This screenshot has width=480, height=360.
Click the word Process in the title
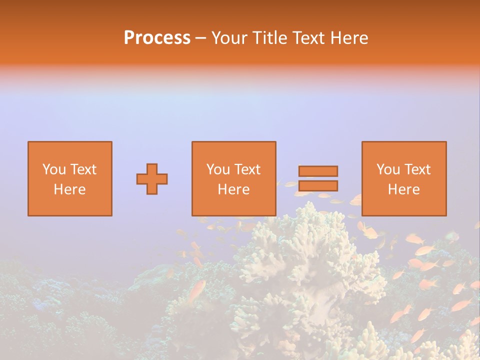[x=157, y=38]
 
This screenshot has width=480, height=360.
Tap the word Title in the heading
[x=270, y=38]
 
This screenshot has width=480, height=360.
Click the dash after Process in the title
[x=201, y=38]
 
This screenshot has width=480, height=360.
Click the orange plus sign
[x=152, y=179]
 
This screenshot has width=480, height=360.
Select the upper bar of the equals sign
[x=318, y=171]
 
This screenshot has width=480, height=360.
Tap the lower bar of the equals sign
[x=318, y=186]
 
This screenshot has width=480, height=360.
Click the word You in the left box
[x=54, y=169]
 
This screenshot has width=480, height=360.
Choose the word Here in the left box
[x=69, y=189]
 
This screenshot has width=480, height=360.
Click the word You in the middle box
[x=218, y=169]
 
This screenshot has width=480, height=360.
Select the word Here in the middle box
[x=233, y=189]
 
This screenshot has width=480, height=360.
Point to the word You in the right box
[x=388, y=169]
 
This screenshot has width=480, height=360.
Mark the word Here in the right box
[x=403, y=189]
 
